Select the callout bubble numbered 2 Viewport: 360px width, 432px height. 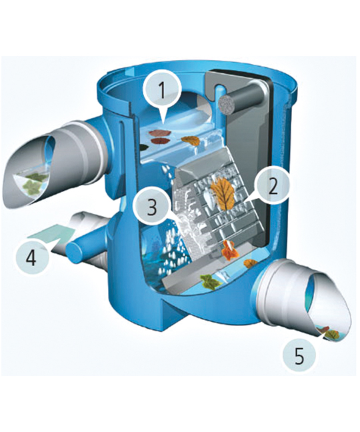click(x=273, y=187)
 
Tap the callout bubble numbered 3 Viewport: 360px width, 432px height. click(x=152, y=207)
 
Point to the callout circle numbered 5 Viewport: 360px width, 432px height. click(x=299, y=355)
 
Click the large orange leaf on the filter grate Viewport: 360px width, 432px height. click(x=223, y=192)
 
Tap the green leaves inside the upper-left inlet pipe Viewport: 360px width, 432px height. click(x=34, y=180)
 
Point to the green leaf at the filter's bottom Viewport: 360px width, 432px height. click(x=211, y=281)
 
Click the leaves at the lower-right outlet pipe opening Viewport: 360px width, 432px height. click(x=328, y=333)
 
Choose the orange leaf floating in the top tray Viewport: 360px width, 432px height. click(x=191, y=141)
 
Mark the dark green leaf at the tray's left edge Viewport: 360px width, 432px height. click(x=143, y=147)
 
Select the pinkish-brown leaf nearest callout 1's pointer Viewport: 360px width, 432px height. click(x=159, y=133)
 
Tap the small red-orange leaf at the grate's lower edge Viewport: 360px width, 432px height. click(x=229, y=250)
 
